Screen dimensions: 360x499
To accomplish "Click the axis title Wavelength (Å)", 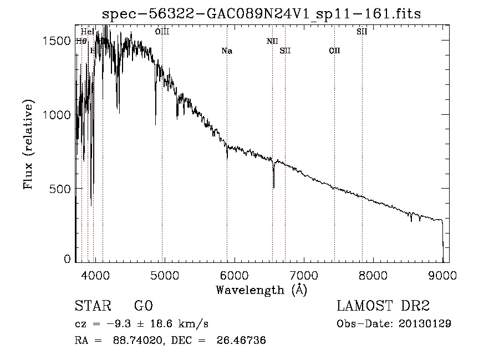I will click(261, 289).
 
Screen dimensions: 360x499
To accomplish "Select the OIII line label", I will click(162, 32).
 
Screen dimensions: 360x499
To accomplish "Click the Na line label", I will click(227, 51).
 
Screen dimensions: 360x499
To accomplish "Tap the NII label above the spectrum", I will click(272, 41).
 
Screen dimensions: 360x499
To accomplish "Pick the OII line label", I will click(334, 51).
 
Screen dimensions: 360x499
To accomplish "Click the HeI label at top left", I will click(88, 32).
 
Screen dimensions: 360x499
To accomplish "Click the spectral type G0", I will click(143, 306).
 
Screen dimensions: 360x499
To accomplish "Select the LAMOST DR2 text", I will click(383, 306).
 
